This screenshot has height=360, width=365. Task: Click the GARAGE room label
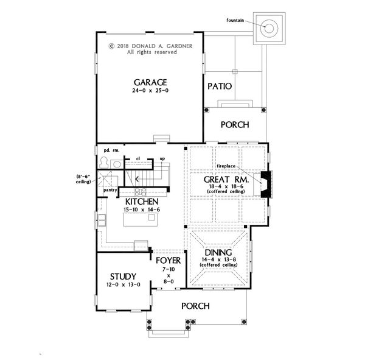(150, 83)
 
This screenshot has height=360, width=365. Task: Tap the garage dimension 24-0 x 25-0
(150, 91)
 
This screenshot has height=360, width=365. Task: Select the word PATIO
(220, 86)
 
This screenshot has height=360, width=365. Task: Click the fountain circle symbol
(269, 29)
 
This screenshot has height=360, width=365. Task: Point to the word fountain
(235, 20)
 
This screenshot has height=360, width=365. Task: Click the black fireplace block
(266, 185)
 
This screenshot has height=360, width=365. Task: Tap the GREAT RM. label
(226, 180)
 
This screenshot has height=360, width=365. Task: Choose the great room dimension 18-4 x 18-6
(226, 186)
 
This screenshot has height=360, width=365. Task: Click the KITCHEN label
(142, 202)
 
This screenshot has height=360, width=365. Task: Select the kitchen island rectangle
(141, 220)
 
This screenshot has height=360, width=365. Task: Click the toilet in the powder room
(104, 162)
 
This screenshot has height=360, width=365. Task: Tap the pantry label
(110, 190)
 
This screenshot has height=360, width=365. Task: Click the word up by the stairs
(162, 159)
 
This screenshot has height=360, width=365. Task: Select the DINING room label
(218, 253)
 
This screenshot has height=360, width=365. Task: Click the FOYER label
(168, 261)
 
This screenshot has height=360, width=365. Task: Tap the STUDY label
(123, 277)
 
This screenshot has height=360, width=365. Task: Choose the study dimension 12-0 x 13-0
(123, 284)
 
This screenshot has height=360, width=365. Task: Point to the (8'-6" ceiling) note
(83, 179)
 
